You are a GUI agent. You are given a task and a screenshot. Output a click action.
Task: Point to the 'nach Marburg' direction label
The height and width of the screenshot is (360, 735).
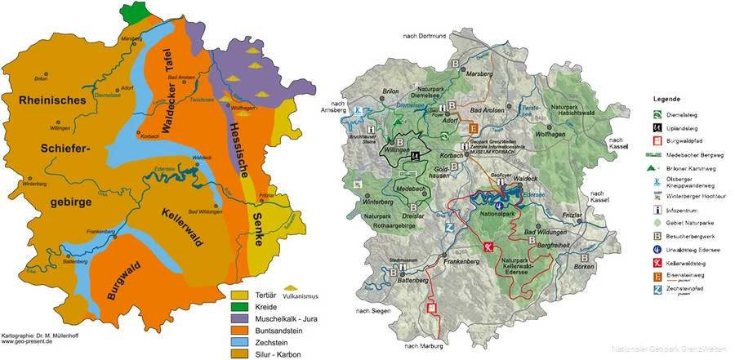point(421,346)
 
